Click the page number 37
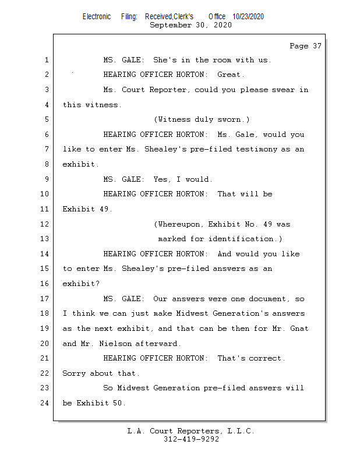317,46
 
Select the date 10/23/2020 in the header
248,16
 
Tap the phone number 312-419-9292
191,439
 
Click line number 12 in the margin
44,224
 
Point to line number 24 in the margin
44,403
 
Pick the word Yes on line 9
161,179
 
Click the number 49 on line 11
104,209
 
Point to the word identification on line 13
241,239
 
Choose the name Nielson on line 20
115,344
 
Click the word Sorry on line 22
74,373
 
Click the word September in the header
171,24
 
